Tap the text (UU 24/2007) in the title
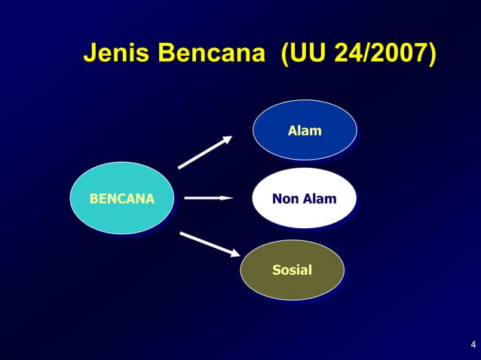[x=357, y=54]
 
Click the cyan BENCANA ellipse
[x=121, y=198]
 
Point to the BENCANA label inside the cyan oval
[x=121, y=200]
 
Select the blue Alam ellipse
[x=304, y=130]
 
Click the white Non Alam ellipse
[x=304, y=198]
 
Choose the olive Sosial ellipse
[x=292, y=270]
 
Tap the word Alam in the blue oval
[x=304, y=131]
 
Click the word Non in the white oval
[x=286, y=200]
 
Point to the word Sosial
[x=292, y=270]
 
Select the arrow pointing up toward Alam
[x=204, y=153]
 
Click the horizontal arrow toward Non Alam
[x=208, y=198]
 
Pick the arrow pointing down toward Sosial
[x=209, y=245]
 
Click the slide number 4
[x=473, y=346]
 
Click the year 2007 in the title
[x=399, y=54]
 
